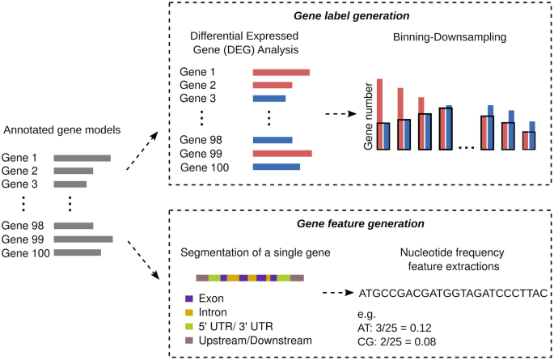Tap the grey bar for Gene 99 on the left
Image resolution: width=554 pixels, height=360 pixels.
(83, 239)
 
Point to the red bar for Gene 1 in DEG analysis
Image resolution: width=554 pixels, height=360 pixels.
(281, 71)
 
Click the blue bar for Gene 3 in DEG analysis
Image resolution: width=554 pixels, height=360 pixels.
(269, 99)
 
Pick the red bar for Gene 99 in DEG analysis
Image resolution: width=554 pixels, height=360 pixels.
(281, 153)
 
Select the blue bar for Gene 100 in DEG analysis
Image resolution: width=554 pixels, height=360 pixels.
(276, 167)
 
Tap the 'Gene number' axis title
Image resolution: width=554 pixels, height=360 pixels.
(370, 121)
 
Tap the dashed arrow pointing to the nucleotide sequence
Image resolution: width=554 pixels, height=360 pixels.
(337, 293)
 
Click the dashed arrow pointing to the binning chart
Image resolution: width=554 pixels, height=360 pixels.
(339, 113)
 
